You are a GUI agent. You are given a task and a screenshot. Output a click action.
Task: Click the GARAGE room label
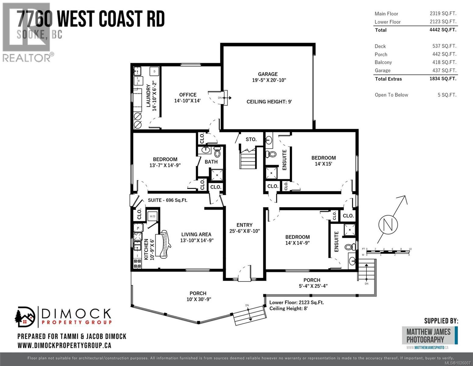pyautogui.click(x=268, y=74)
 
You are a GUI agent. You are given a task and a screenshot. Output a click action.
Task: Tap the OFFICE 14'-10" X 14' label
pyautogui.click(x=188, y=98)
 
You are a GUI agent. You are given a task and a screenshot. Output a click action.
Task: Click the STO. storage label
pyautogui.click(x=251, y=139)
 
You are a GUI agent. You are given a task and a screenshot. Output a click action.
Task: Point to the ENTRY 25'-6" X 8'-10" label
pyautogui.click(x=245, y=228)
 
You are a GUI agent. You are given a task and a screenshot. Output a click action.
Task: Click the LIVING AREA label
pyautogui.click(x=196, y=237)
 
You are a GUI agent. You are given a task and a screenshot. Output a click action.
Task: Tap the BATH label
pyautogui.click(x=211, y=162)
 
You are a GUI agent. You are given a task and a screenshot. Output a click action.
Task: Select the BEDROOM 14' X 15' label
pyautogui.click(x=323, y=160)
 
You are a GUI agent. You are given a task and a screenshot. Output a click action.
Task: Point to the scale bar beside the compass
pyautogui.click(x=388, y=252)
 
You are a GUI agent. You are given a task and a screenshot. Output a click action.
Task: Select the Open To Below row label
pyautogui.click(x=391, y=95)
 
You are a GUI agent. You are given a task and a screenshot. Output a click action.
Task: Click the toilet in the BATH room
pyautogui.click(x=217, y=151)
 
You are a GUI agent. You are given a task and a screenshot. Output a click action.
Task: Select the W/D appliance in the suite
pyautogui.click(x=152, y=217)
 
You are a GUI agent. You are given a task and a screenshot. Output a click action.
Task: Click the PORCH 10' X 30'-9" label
pyautogui.click(x=198, y=296)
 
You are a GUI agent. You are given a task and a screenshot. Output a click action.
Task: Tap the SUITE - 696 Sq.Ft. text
pyautogui.click(x=168, y=200)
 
